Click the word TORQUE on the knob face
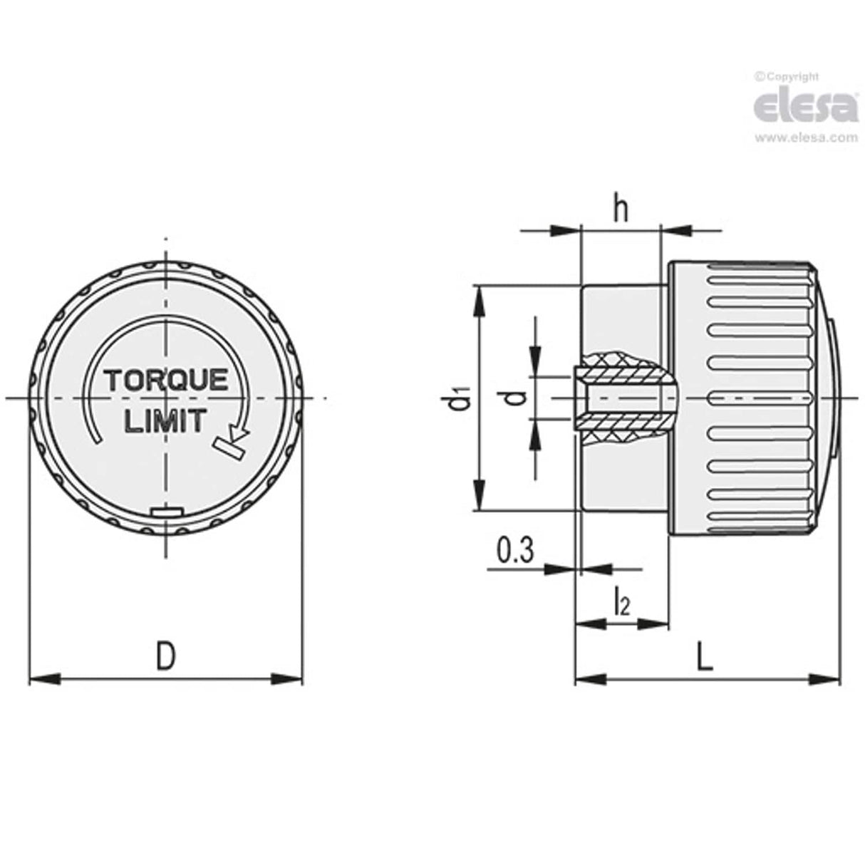[167, 380]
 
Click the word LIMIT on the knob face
[165, 421]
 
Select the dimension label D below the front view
[165, 657]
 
